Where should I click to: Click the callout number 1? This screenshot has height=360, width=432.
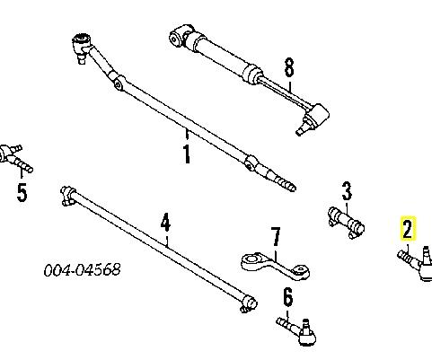coord(187,154)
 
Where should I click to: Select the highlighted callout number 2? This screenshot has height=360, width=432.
coord(408,228)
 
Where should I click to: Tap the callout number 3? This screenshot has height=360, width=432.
coord(347,191)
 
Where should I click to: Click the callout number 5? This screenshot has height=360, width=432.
coord(22,192)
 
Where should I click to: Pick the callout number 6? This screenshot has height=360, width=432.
coord(287,297)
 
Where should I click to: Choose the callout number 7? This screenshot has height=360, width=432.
coord(276,237)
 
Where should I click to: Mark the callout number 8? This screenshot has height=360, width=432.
coord(289,67)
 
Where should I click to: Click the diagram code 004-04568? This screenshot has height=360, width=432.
coord(83,270)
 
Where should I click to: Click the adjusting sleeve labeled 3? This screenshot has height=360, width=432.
coord(347,222)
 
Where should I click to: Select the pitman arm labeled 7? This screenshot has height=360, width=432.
coord(275,266)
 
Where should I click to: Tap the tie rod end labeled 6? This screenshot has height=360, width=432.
coord(298,331)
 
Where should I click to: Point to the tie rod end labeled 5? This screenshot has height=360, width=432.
coord(15,157)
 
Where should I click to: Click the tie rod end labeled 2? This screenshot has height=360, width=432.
coord(416,263)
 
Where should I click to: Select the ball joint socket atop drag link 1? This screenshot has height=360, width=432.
coord(82,43)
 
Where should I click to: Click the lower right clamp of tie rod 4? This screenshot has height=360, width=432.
coord(249,303)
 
